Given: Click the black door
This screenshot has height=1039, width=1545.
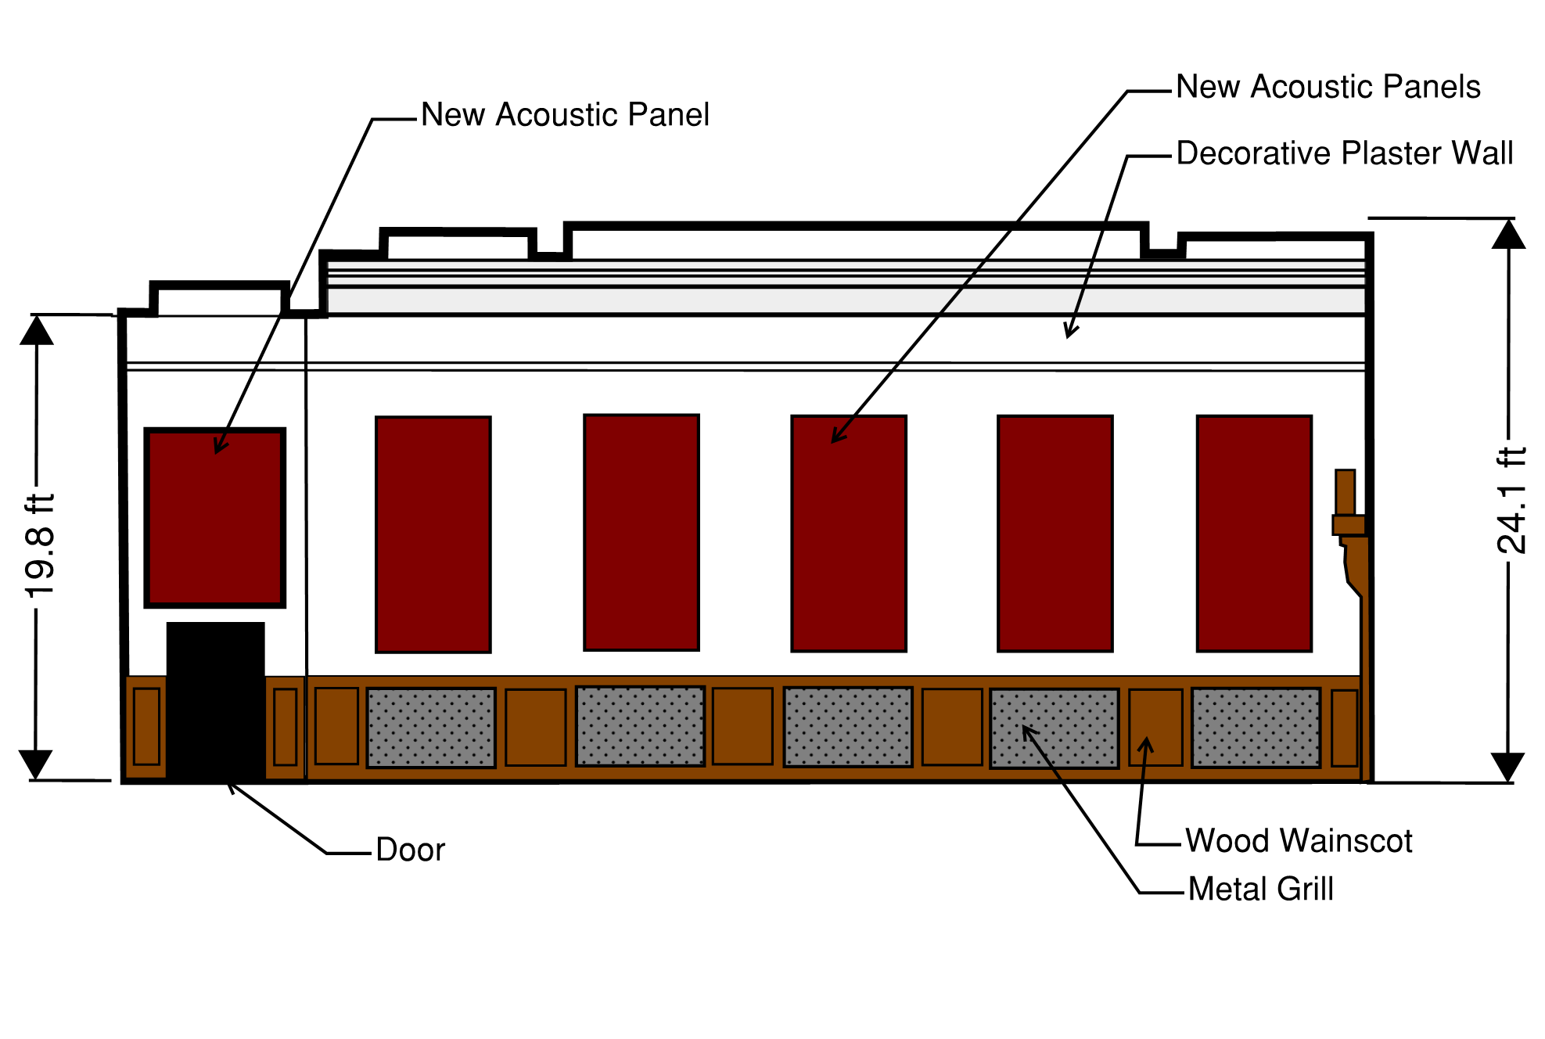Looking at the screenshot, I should point(215,700).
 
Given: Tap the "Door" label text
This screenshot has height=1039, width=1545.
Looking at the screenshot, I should point(410,850).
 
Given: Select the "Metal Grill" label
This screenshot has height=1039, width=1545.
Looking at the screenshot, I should point(1260,889).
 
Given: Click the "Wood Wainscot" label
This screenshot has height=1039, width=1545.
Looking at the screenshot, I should point(1299,841).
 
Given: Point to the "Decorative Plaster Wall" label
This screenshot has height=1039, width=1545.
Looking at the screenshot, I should point(1344,153).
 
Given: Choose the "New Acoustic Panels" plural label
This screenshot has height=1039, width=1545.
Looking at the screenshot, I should point(1328,87).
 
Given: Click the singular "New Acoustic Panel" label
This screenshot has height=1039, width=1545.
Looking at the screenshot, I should point(565,115).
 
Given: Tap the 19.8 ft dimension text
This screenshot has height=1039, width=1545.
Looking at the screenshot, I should point(40,545).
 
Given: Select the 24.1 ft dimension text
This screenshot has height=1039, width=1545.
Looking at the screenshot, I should point(1511,501).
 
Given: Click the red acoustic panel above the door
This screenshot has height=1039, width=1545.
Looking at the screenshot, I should point(215,517).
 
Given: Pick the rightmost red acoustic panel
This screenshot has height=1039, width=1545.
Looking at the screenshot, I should point(1254,533).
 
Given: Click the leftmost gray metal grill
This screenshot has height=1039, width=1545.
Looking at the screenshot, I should point(431,728).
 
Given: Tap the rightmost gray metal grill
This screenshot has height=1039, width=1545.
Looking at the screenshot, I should point(1256,728).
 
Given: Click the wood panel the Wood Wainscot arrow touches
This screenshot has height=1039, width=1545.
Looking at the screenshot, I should point(1155,728).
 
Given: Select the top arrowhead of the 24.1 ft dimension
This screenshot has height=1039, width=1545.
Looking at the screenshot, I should point(1508,235).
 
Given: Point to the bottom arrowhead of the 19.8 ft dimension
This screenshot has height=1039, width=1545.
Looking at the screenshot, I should point(36,764).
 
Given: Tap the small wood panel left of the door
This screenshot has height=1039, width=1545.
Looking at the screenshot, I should point(146,726).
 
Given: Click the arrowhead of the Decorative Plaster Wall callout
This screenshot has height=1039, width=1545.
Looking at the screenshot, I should point(1070,332).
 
